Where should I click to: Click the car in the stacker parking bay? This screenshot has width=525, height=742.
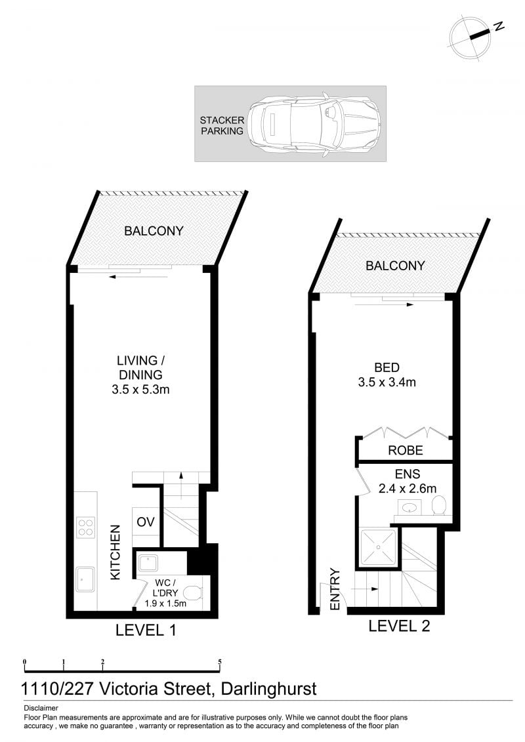(314, 124)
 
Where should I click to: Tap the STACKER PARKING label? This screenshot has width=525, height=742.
(222, 125)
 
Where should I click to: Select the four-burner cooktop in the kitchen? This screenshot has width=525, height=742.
(86, 527)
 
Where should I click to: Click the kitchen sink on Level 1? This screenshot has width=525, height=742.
(85, 580)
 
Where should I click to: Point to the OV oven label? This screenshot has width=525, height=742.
(145, 522)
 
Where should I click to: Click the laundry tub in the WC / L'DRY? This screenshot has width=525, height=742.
(149, 563)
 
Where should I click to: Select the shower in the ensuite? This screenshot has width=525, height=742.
(378, 548)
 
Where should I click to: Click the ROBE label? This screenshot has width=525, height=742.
(405, 450)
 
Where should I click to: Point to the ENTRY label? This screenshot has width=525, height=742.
(335, 588)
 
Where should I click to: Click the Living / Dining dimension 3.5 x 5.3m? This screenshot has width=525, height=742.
(140, 390)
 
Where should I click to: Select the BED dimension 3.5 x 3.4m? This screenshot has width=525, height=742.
(387, 382)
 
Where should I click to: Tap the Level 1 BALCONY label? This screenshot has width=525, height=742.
(154, 231)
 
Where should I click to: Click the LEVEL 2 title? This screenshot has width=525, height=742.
(399, 626)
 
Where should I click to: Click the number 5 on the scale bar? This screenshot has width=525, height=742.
(220, 663)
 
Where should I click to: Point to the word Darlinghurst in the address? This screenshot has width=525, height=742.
(268, 688)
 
